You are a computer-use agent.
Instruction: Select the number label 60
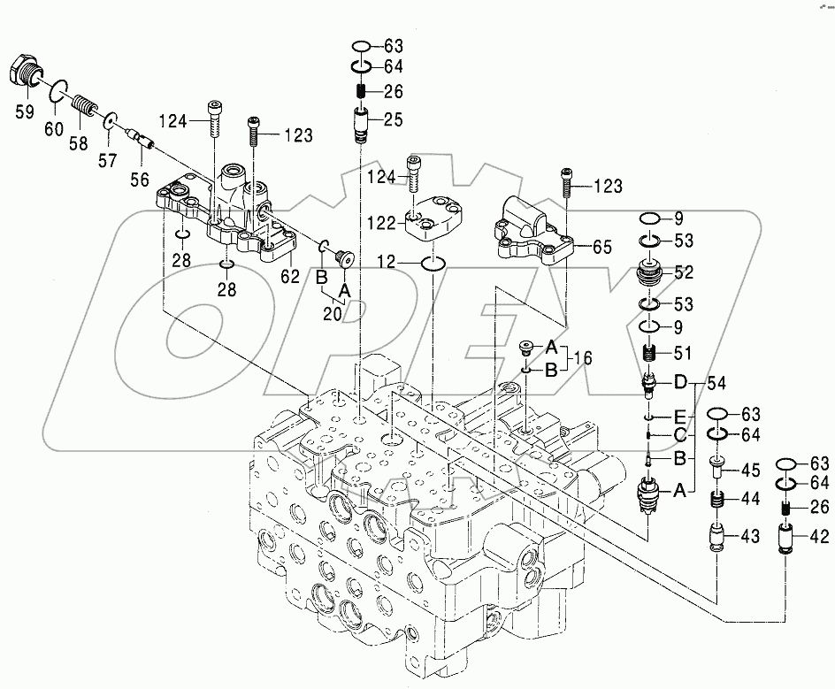(55, 130)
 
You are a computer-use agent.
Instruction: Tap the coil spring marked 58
(85, 106)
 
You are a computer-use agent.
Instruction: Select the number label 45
(750, 469)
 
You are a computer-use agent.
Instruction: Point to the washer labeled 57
(111, 121)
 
